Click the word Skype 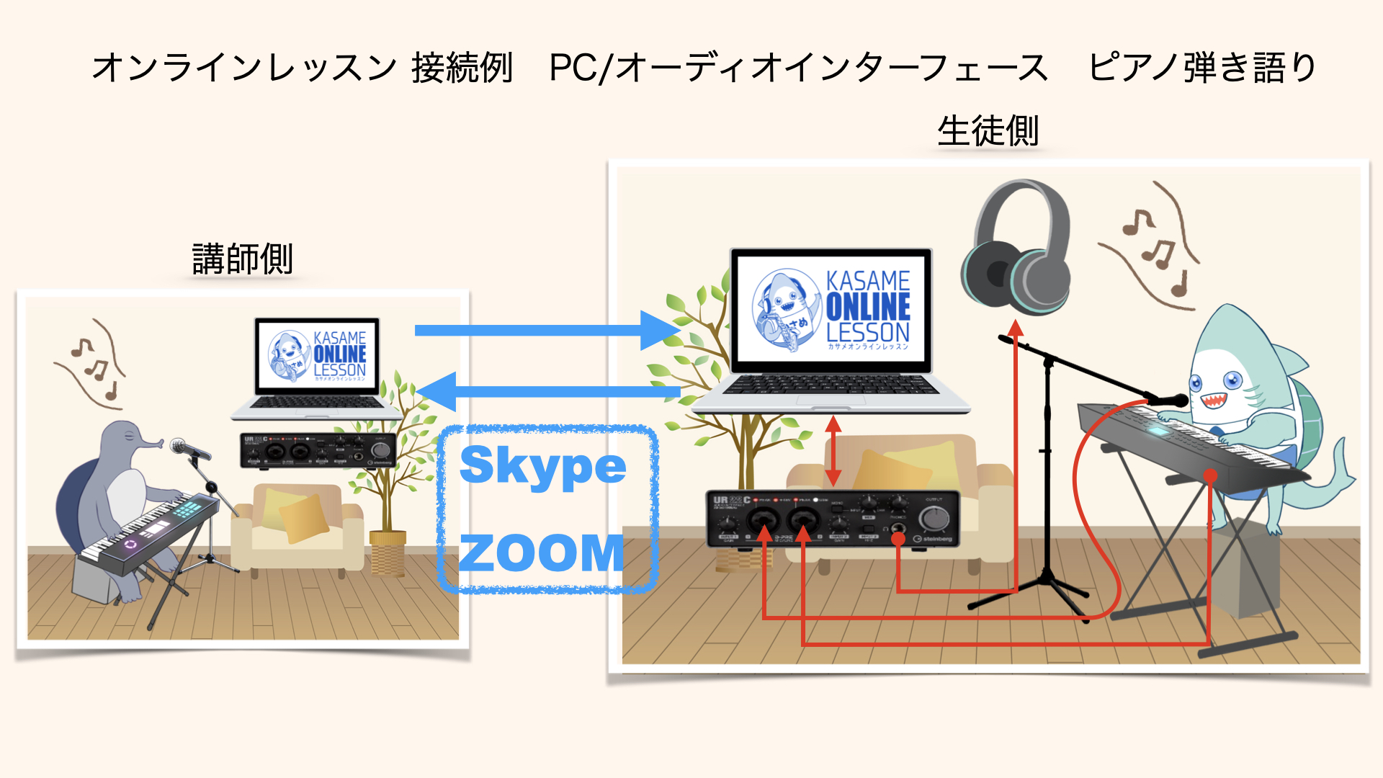pos(542,467)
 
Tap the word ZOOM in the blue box pos(542,553)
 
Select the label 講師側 pos(243,259)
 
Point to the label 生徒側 pos(988,131)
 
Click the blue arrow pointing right pos(547,331)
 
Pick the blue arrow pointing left pos(547,392)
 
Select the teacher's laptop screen pos(317,356)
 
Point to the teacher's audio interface pos(318,451)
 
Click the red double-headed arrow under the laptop pos(833,452)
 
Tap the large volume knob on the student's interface pos(934,517)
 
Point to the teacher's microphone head pos(179,446)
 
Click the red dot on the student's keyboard pos(1210,475)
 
